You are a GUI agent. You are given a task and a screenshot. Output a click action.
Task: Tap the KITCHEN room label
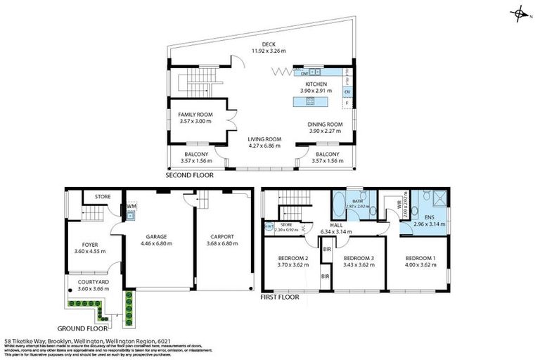pos(316,84)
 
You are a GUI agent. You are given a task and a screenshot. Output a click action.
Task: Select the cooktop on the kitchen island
pos(309,102)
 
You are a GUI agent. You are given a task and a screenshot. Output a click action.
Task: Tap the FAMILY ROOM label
pos(195,115)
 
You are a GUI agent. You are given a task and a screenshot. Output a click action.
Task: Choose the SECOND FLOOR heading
pos(188,174)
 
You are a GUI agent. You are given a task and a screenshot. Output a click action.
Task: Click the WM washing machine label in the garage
pos(131,206)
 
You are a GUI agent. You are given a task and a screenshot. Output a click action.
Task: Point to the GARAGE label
pos(155,237)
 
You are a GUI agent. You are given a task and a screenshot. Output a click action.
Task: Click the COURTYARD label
pos(88,281)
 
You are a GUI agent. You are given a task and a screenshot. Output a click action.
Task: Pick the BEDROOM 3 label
pos(357,259)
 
